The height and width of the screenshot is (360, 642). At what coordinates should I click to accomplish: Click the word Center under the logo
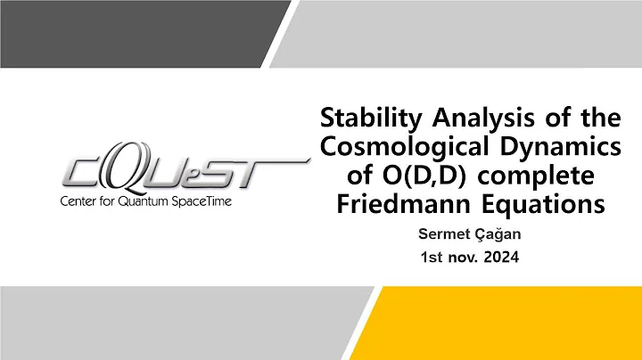coord(80,201)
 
